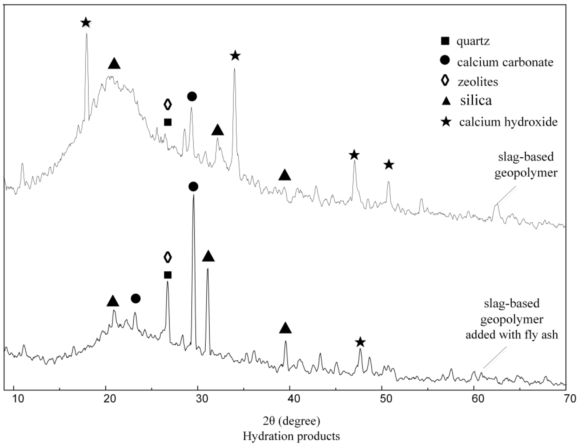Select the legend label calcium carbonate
(x=505, y=62)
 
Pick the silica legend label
(x=476, y=100)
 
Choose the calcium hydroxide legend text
(x=508, y=122)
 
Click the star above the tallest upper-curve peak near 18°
(x=86, y=23)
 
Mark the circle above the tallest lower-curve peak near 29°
(x=193, y=187)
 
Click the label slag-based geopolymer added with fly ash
(x=512, y=319)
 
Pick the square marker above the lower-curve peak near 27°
(x=168, y=275)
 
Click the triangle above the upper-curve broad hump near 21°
(x=114, y=64)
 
